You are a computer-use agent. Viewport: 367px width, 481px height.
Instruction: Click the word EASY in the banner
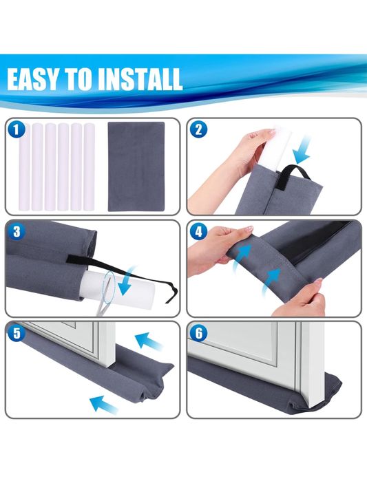(x=32, y=79)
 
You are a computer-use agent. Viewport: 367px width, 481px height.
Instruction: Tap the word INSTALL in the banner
(x=140, y=79)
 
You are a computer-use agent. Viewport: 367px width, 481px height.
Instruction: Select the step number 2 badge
(x=198, y=129)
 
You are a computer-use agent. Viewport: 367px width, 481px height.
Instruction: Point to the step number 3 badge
(x=17, y=232)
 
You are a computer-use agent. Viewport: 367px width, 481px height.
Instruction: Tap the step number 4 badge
(x=198, y=232)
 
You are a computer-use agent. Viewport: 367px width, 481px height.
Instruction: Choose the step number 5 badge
(x=17, y=333)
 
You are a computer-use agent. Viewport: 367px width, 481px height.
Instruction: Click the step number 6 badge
(x=198, y=333)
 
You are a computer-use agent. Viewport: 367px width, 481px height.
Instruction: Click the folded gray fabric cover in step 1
(x=136, y=167)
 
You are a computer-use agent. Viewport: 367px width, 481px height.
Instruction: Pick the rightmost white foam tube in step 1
(x=89, y=167)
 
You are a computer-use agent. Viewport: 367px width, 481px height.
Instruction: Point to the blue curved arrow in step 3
(x=127, y=281)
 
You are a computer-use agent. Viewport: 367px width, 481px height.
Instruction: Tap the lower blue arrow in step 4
(x=272, y=280)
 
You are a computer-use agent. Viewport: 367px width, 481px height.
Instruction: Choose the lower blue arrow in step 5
(x=104, y=404)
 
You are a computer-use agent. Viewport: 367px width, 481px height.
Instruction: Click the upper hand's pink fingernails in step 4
(x=248, y=229)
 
